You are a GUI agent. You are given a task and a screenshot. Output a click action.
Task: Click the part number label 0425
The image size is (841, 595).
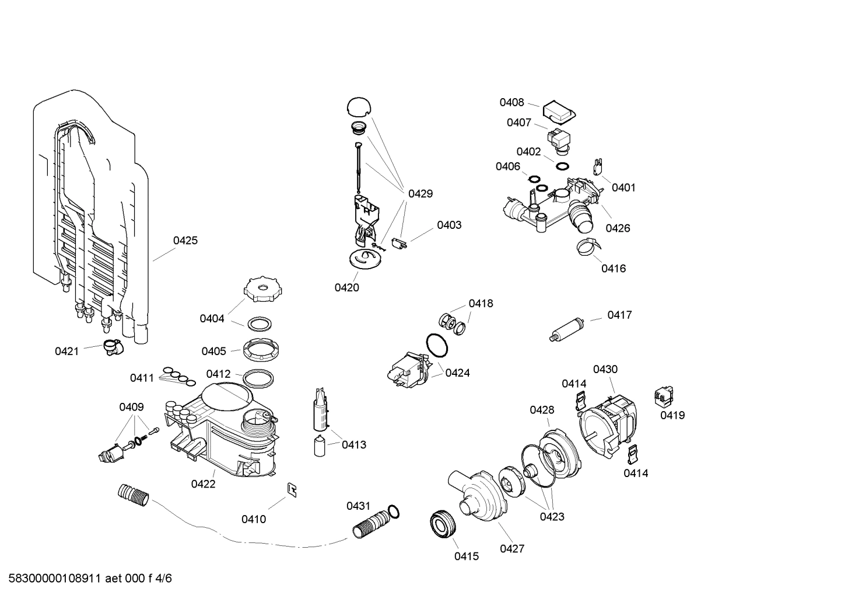click(x=185, y=240)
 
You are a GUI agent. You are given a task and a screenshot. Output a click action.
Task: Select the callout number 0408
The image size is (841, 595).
click(x=511, y=103)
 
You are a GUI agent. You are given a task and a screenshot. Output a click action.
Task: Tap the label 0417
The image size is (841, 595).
click(x=619, y=315)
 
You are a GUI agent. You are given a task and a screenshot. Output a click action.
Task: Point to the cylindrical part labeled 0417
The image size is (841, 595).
click(x=568, y=329)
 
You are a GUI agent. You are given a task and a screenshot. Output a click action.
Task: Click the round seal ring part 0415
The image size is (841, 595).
click(x=442, y=524)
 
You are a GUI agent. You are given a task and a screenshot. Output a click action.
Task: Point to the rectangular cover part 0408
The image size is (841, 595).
click(x=559, y=113)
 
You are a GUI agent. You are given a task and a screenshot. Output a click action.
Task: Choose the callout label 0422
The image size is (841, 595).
click(x=203, y=484)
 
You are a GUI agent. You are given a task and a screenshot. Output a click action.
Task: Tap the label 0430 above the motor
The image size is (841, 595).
click(x=605, y=370)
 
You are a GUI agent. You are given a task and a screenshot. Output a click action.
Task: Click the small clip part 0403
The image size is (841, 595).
click(x=400, y=243)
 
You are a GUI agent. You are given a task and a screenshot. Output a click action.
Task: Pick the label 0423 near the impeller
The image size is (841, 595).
click(x=552, y=517)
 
